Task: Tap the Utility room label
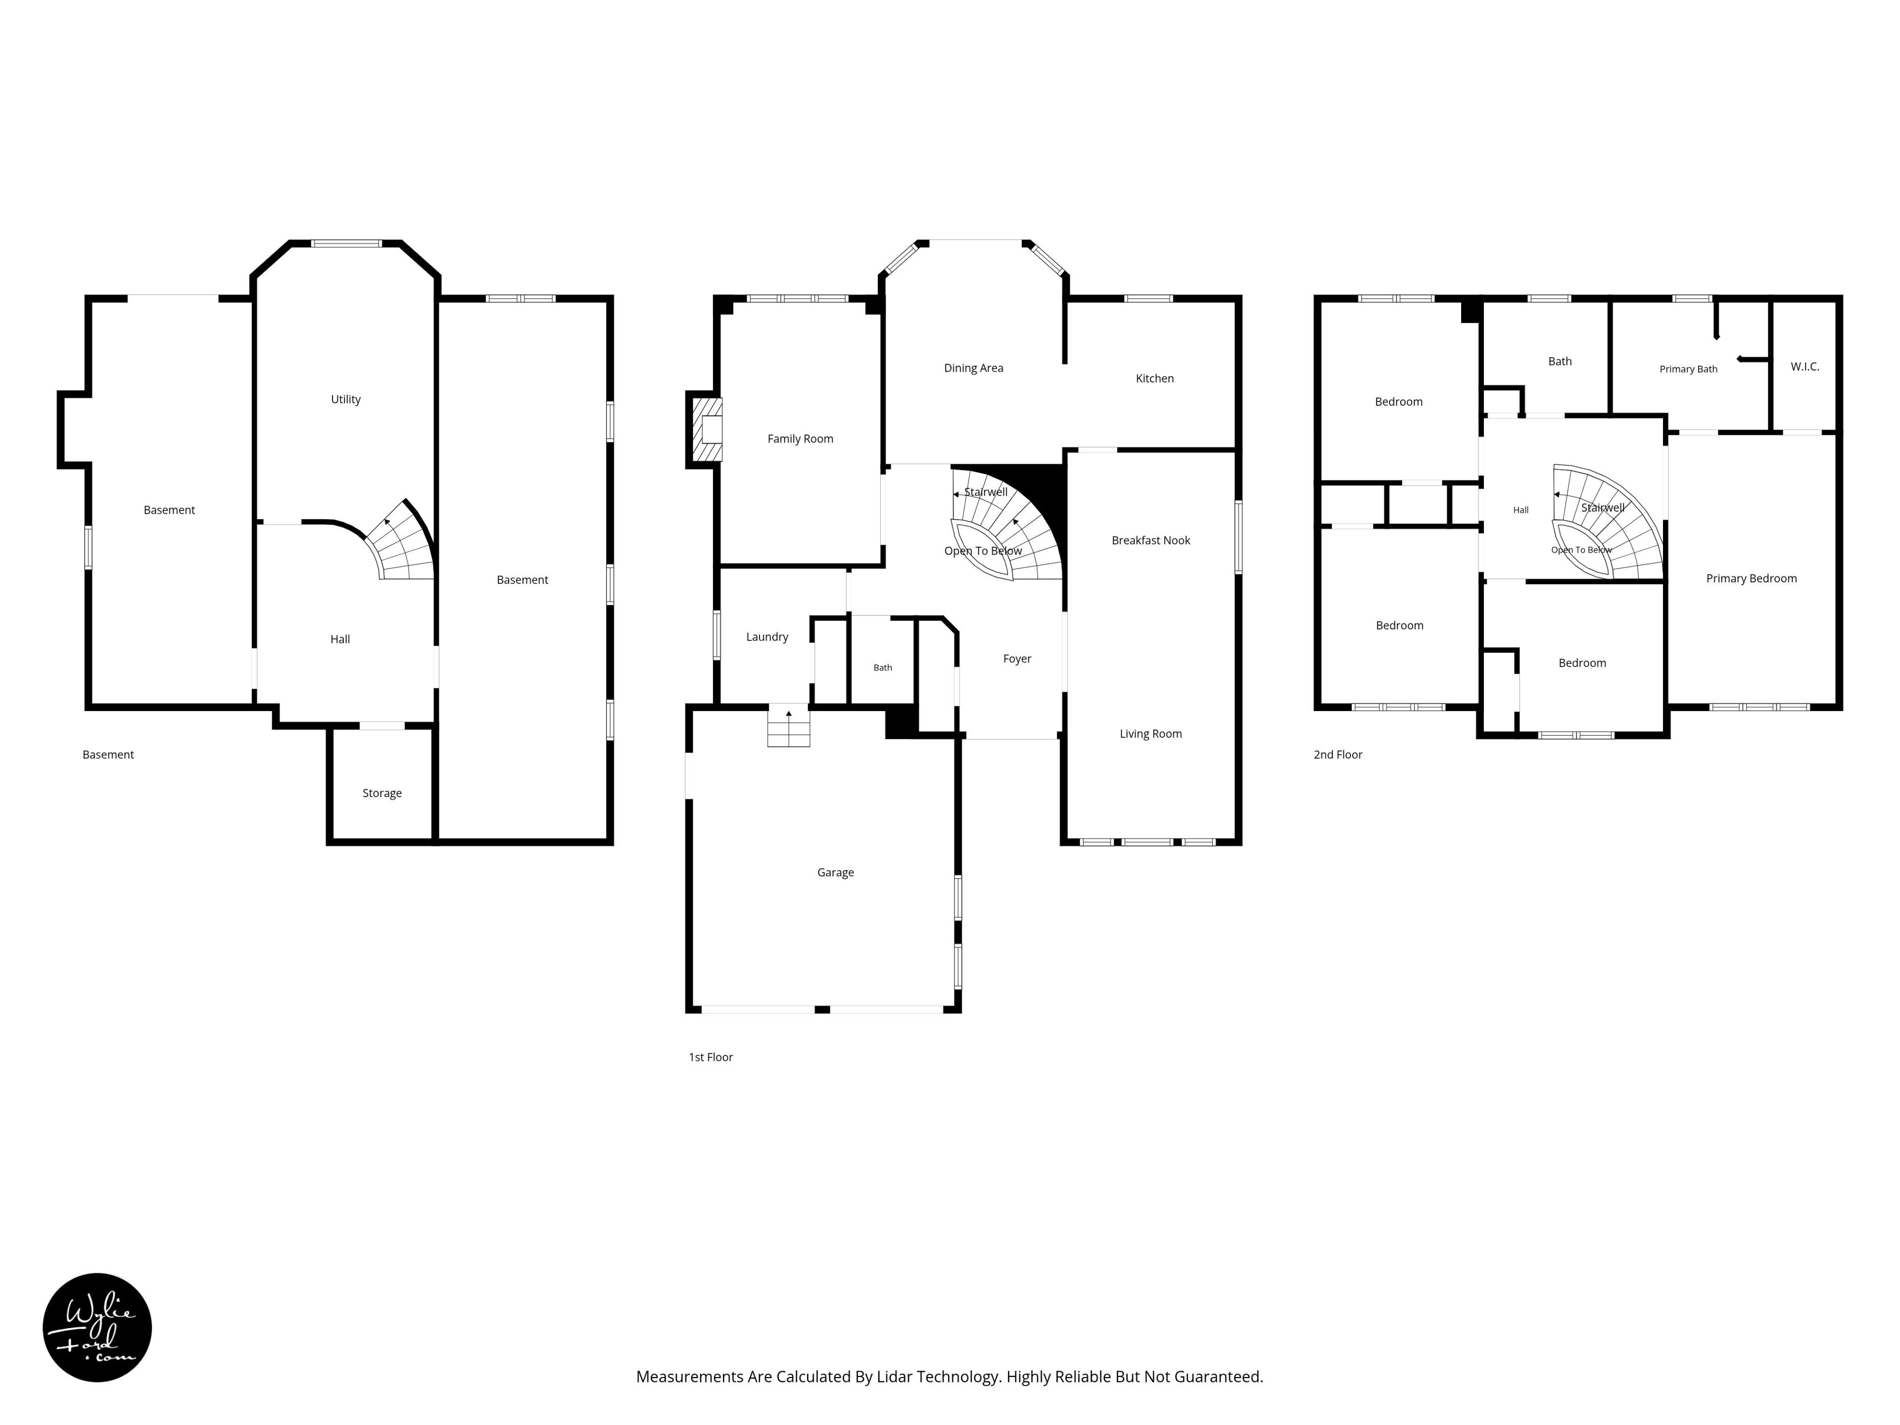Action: pyautogui.click(x=346, y=399)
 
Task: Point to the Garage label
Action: pyautogui.click(x=836, y=873)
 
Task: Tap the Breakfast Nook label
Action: pyautogui.click(x=1151, y=540)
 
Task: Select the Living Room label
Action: pyautogui.click(x=1151, y=734)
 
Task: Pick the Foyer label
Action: pyautogui.click(x=1017, y=659)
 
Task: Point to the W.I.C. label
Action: pyautogui.click(x=1805, y=367)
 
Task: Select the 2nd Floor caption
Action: pyautogui.click(x=1338, y=755)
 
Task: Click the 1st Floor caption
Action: pyautogui.click(x=711, y=1057)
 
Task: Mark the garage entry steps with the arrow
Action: pyautogui.click(x=789, y=727)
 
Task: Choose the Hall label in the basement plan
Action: pyautogui.click(x=340, y=639)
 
